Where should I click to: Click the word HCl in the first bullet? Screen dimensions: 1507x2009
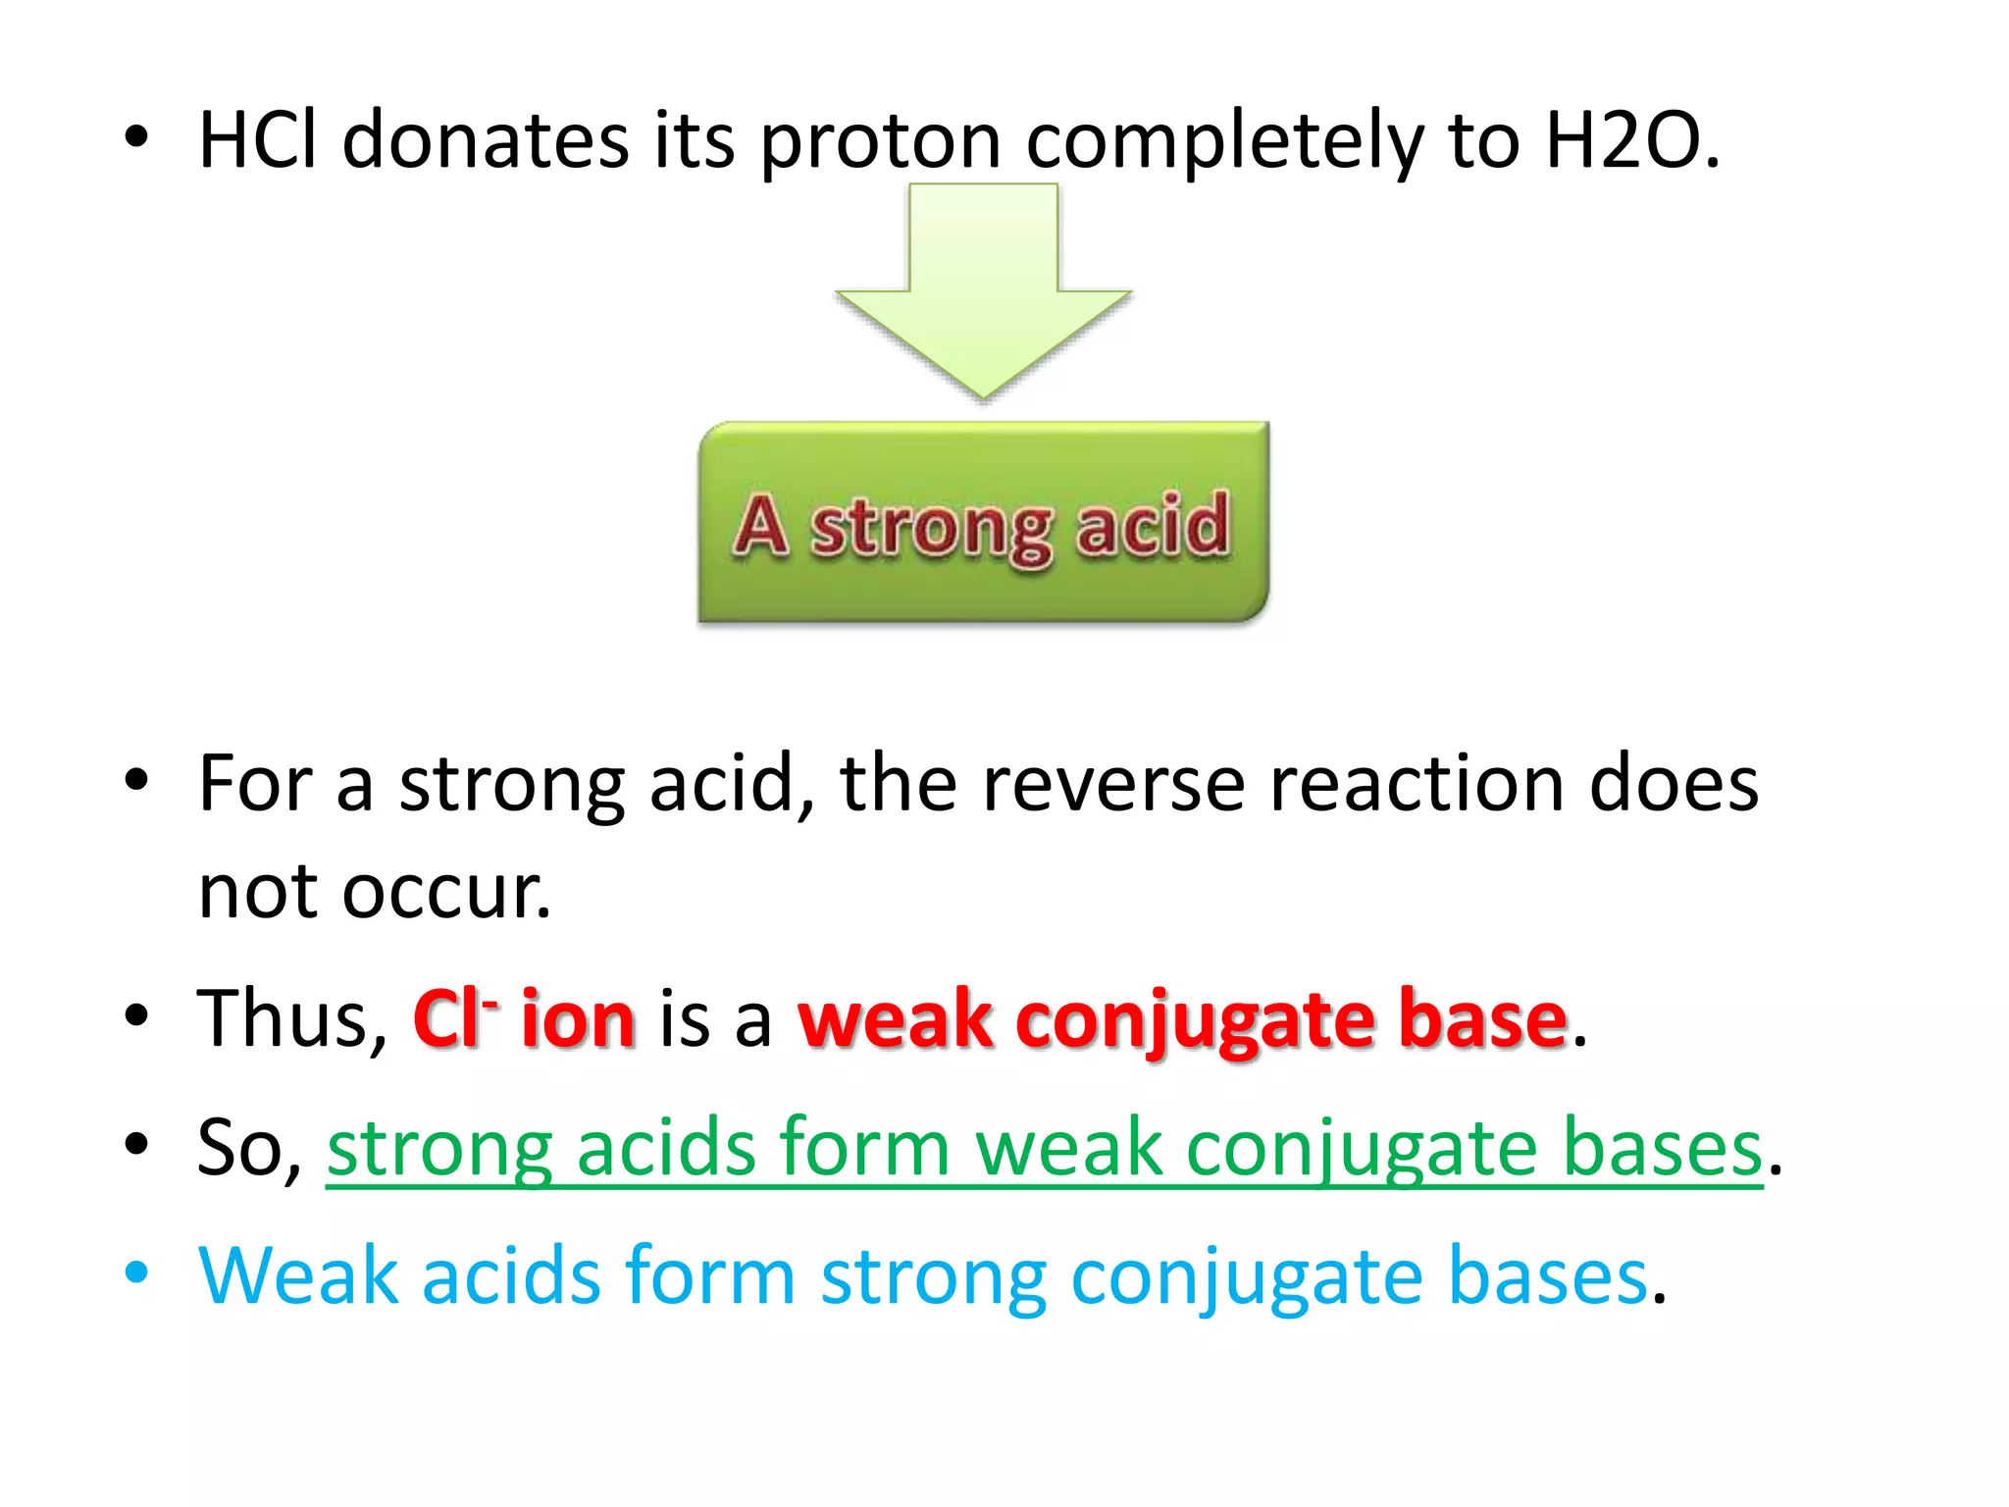258,141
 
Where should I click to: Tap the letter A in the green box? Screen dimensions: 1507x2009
760,526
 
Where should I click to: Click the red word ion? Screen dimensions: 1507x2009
579,1020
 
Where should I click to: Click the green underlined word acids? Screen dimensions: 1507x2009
665,1148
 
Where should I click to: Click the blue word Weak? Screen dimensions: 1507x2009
299,1275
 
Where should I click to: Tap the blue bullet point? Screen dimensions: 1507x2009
136,1273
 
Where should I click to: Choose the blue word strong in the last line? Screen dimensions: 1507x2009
933,1278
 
